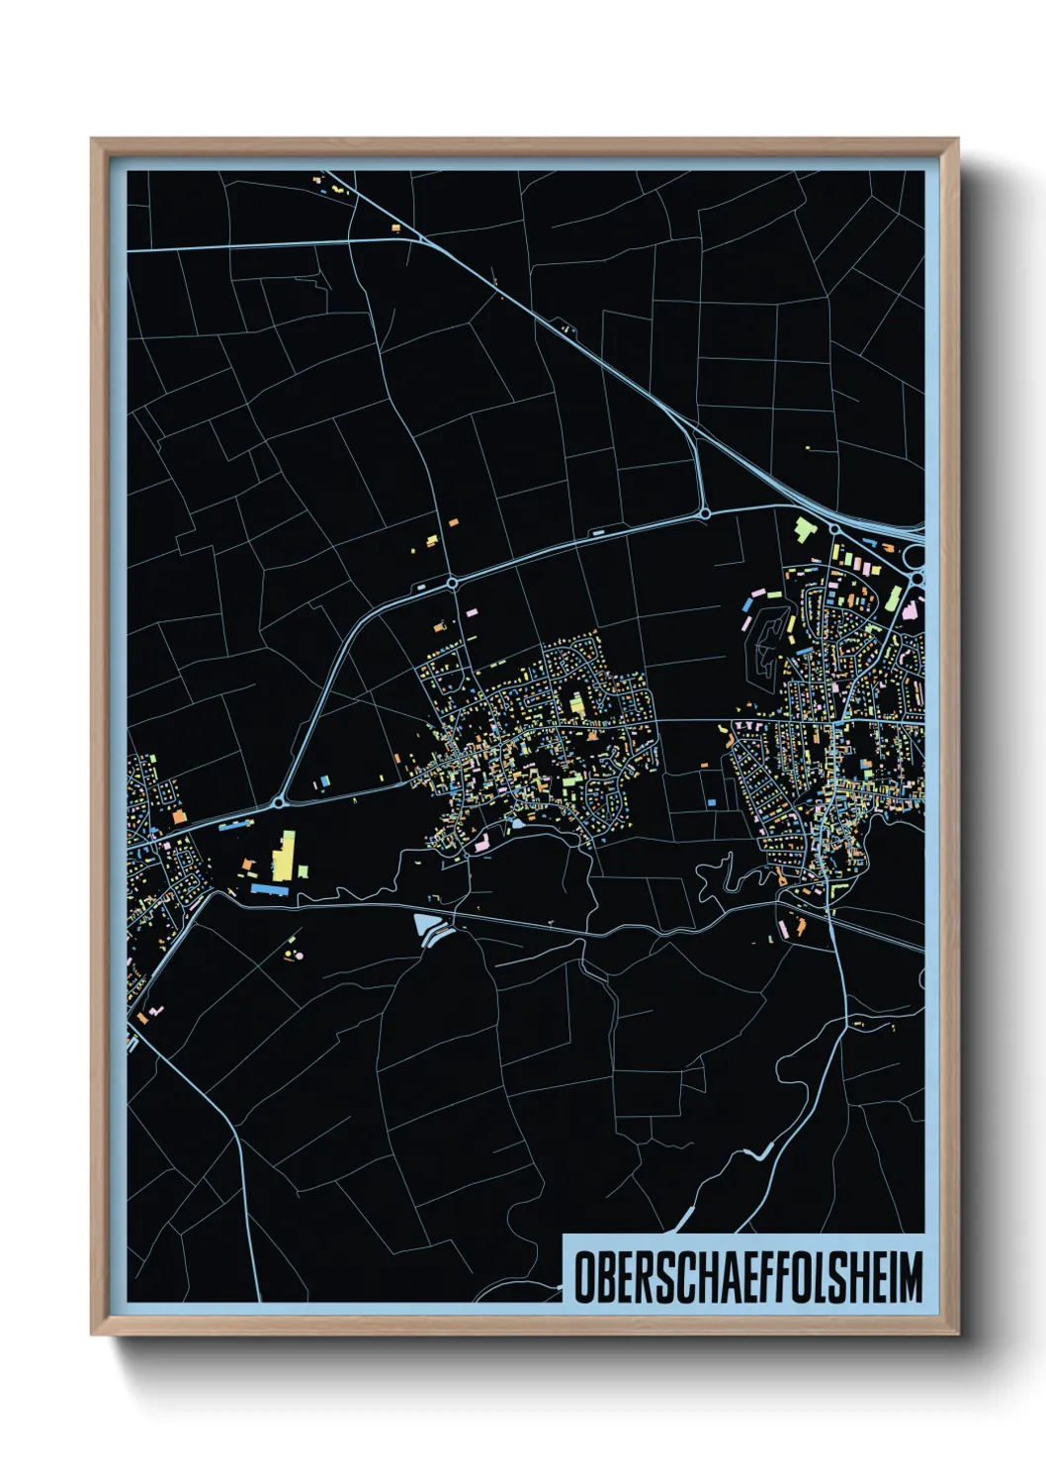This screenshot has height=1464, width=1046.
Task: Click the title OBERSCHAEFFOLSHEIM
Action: click(747, 1276)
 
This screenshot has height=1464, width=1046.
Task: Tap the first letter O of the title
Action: click(583, 1277)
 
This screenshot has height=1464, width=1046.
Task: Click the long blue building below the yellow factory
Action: click(269, 889)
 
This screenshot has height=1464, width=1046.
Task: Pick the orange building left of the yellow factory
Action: click(247, 866)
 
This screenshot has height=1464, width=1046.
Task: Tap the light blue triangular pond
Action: click(428, 927)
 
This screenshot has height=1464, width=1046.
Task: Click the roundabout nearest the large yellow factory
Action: click(280, 799)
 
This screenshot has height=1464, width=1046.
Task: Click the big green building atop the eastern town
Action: click(802, 527)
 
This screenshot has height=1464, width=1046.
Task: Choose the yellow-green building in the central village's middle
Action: click(576, 704)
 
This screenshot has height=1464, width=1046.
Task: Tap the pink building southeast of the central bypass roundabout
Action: click(471, 613)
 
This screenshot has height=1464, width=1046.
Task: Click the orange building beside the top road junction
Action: click(395, 229)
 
